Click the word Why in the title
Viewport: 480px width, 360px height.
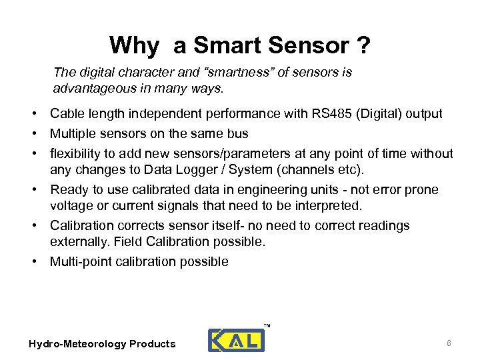(134, 45)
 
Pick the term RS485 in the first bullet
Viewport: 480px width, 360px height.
(329, 114)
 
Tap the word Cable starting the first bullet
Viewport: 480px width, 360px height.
(67, 114)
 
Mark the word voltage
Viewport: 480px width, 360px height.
(71, 205)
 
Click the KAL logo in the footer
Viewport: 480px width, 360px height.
(237, 339)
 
